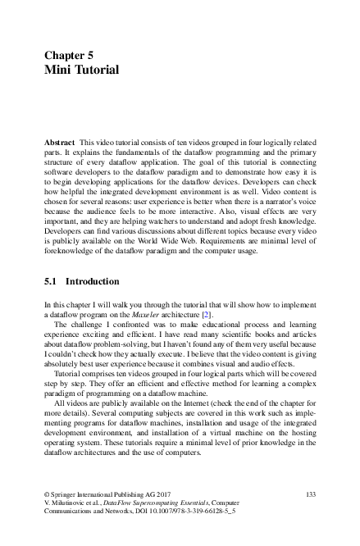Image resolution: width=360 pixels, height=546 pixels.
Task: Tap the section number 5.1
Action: pos(50,281)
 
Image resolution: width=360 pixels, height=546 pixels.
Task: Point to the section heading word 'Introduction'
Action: pos(92,281)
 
